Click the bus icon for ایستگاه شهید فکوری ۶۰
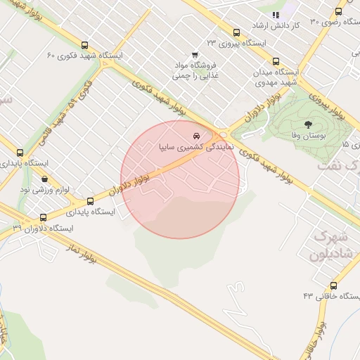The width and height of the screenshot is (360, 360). pos(85,44)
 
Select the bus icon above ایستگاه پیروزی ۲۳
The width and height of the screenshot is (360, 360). pos(236,32)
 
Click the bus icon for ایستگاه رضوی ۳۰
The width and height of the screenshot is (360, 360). pos(339,11)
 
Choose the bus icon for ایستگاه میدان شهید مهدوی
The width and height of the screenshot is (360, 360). pos(276,61)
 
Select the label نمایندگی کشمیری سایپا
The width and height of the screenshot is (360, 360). pos(188,148)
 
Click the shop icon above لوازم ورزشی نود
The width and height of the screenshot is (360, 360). pos(45,179)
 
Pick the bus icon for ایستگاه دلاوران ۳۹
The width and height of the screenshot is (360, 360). pos(44,218)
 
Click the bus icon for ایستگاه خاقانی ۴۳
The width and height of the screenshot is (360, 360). pos(333,286)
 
